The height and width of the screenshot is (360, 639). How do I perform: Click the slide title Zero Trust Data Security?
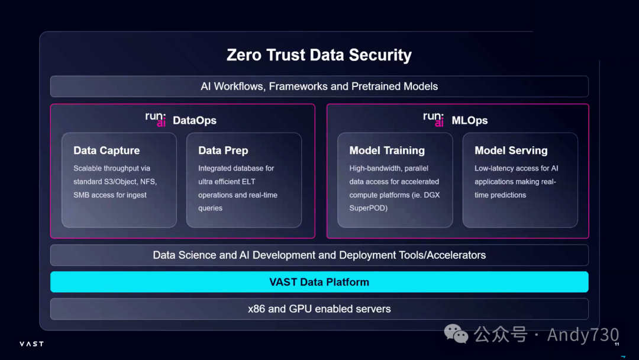[319, 55]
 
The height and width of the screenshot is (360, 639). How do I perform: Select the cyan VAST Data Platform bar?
[319, 282]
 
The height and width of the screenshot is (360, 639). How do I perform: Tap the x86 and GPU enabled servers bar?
[319, 308]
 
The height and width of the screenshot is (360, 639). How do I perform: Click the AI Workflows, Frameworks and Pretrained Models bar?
[319, 86]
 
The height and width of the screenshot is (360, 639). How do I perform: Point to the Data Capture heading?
[106, 150]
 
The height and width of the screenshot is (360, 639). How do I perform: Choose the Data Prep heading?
[223, 150]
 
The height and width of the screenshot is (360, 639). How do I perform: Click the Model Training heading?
[387, 150]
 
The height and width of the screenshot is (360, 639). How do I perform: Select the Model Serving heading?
[511, 150]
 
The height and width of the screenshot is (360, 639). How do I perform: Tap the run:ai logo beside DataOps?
[156, 120]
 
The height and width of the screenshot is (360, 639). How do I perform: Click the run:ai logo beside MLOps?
[434, 119]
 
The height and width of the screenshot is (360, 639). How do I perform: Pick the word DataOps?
[195, 121]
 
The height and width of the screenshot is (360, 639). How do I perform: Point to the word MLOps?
[470, 120]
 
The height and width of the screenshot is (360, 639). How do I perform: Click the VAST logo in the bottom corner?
[31, 343]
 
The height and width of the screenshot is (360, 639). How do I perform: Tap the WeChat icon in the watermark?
[456, 335]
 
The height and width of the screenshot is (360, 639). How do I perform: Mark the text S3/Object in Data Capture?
[122, 181]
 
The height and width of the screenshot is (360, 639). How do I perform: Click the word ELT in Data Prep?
[265, 181]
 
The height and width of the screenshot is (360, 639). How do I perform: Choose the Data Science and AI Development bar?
[319, 255]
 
